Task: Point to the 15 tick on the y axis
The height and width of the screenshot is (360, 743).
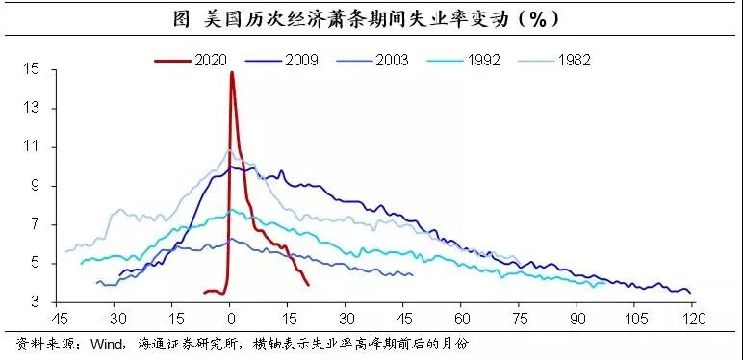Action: coord(32,70)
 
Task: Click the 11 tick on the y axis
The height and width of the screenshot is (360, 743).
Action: coord(32,147)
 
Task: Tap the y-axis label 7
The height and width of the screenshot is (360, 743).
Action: coord(35,223)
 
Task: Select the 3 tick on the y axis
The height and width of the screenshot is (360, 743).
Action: coord(35,300)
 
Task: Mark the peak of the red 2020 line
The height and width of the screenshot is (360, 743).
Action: coord(232,72)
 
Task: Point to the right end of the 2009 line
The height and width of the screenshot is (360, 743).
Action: coord(690,292)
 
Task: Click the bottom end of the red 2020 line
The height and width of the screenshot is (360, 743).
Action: coord(308,284)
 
